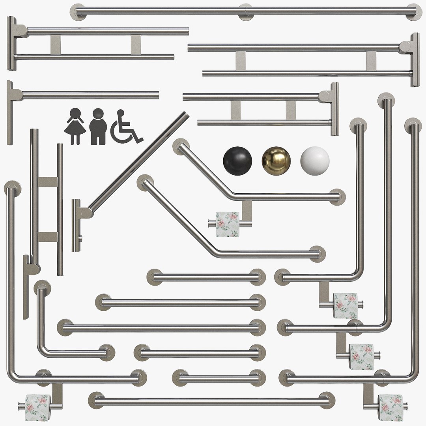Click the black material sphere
237,161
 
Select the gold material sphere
276,161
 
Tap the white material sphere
315,161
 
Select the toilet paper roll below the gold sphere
228,224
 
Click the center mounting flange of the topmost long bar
246,11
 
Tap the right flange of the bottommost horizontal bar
327,400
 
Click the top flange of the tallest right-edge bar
413,125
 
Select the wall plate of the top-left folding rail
11,43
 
